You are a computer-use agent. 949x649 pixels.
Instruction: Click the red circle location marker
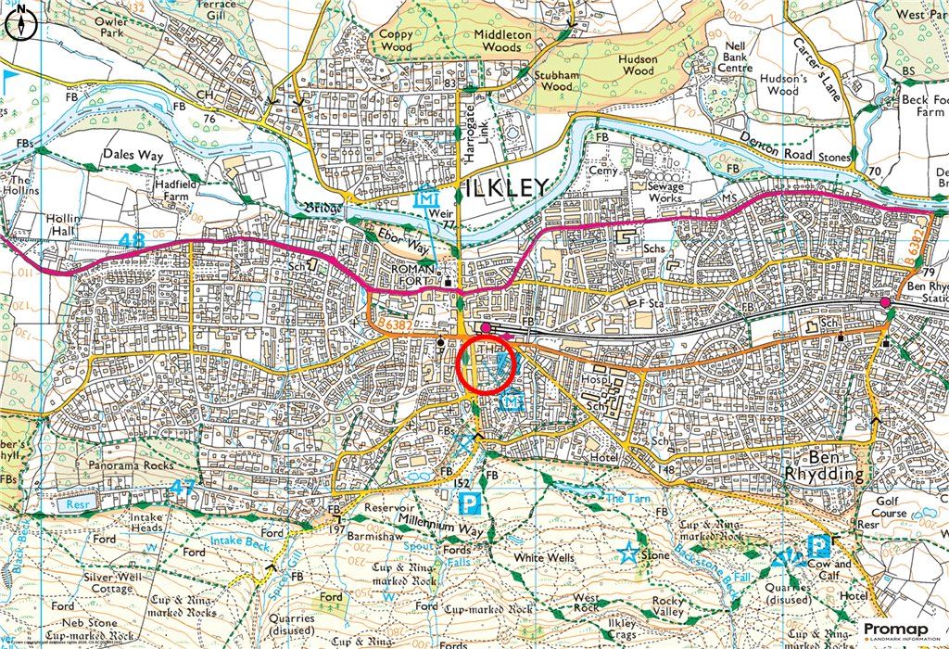tap(487, 368)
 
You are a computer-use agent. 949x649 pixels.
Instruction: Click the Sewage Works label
tap(659, 192)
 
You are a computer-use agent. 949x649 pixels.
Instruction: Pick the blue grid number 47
tap(189, 485)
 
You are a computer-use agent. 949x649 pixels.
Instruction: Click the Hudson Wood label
tap(639, 65)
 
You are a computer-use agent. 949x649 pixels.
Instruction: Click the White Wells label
tap(544, 558)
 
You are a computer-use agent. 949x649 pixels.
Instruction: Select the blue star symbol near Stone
tap(628, 554)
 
